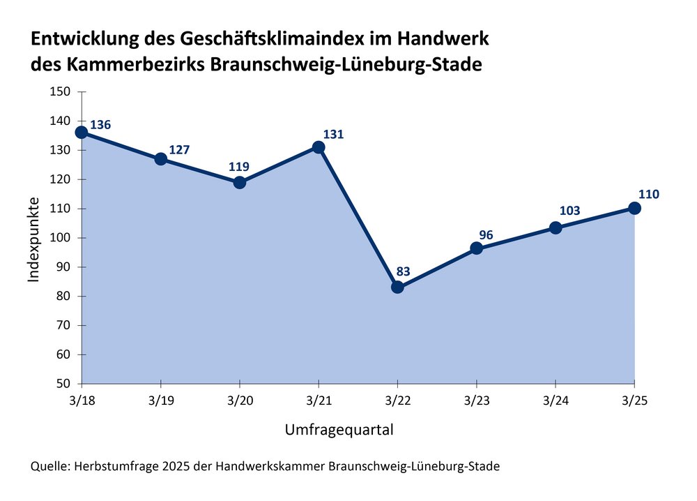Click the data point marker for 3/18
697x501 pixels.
coord(82,132)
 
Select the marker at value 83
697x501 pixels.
coord(397,287)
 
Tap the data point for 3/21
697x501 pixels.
coord(319,147)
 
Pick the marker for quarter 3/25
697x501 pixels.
coord(634,208)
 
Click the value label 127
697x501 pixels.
coord(179,150)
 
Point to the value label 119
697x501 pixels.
coord(239,167)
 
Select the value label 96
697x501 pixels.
coord(486,235)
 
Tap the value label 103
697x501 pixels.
coord(569,211)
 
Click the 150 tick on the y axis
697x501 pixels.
coord(61,91)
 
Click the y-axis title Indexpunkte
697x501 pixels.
coord(34,241)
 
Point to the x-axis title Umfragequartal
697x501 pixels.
coord(339,430)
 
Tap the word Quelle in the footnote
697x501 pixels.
coord(49,466)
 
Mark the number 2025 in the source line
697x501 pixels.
coord(172,466)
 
